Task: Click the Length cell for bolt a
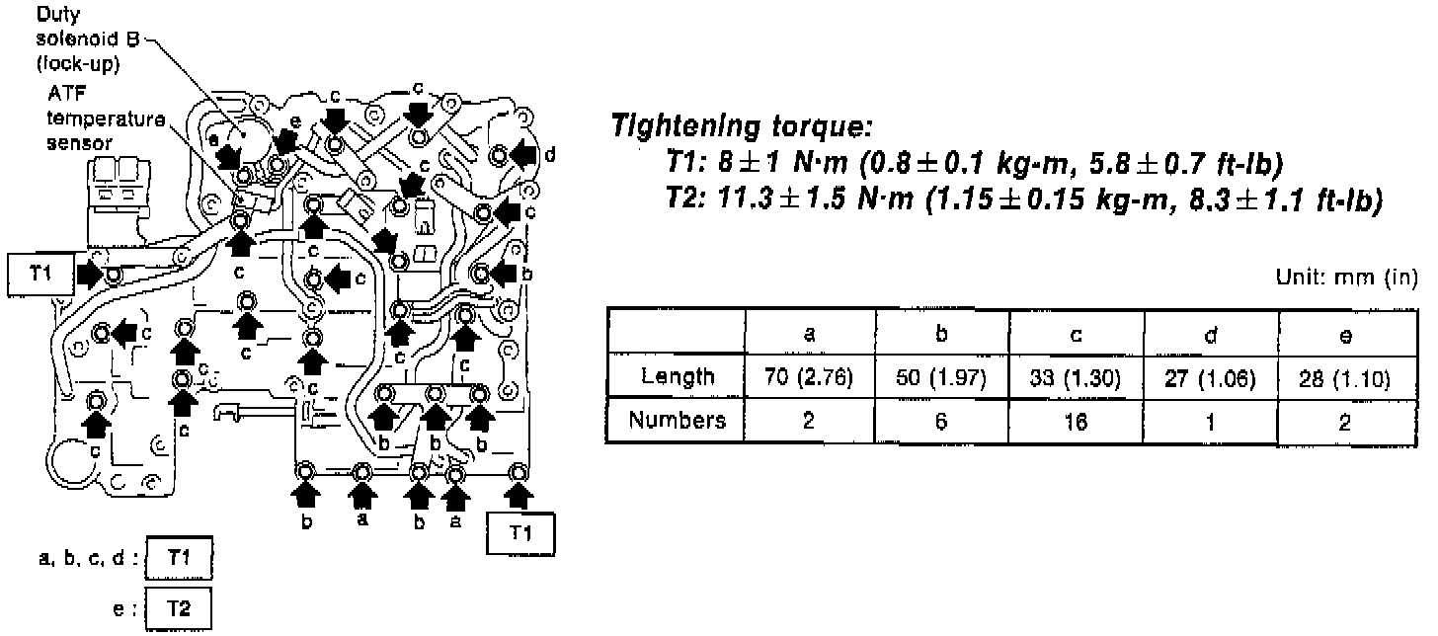tap(810, 377)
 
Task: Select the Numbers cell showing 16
tap(1077, 422)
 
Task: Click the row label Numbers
tap(677, 422)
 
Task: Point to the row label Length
tap(677, 377)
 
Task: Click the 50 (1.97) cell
tap(942, 377)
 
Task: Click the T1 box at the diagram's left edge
tap(40, 273)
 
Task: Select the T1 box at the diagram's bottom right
tap(520, 533)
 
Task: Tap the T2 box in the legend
tap(179, 607)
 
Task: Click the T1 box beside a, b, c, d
tap(179, 560)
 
